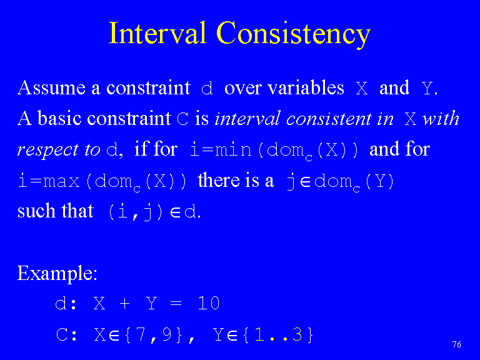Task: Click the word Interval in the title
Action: [x=157, y=32]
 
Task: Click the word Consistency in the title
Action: [x=294, y=35]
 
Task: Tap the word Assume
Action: [x=51, y=88]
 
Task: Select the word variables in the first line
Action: [x=306, y=88]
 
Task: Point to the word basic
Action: [x=59, y=118]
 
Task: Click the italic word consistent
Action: [x=329, y=119]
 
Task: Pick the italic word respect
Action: [x=47, y=151]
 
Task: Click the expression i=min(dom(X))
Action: [x=274, y=151]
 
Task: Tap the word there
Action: [x=219, y=180]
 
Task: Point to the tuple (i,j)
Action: [x=136, y=212]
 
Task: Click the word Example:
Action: [x=57, y=273]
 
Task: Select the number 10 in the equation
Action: [x=209, y=303]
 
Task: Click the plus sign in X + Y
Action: [x=124, y=304]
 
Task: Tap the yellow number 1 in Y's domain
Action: [x=259, y=334]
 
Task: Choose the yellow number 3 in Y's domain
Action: [x=297, y=334]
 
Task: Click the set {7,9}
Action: [x=153, y=334]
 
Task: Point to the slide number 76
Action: [x=456, y=345]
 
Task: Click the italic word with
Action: [x=441, y=118]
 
